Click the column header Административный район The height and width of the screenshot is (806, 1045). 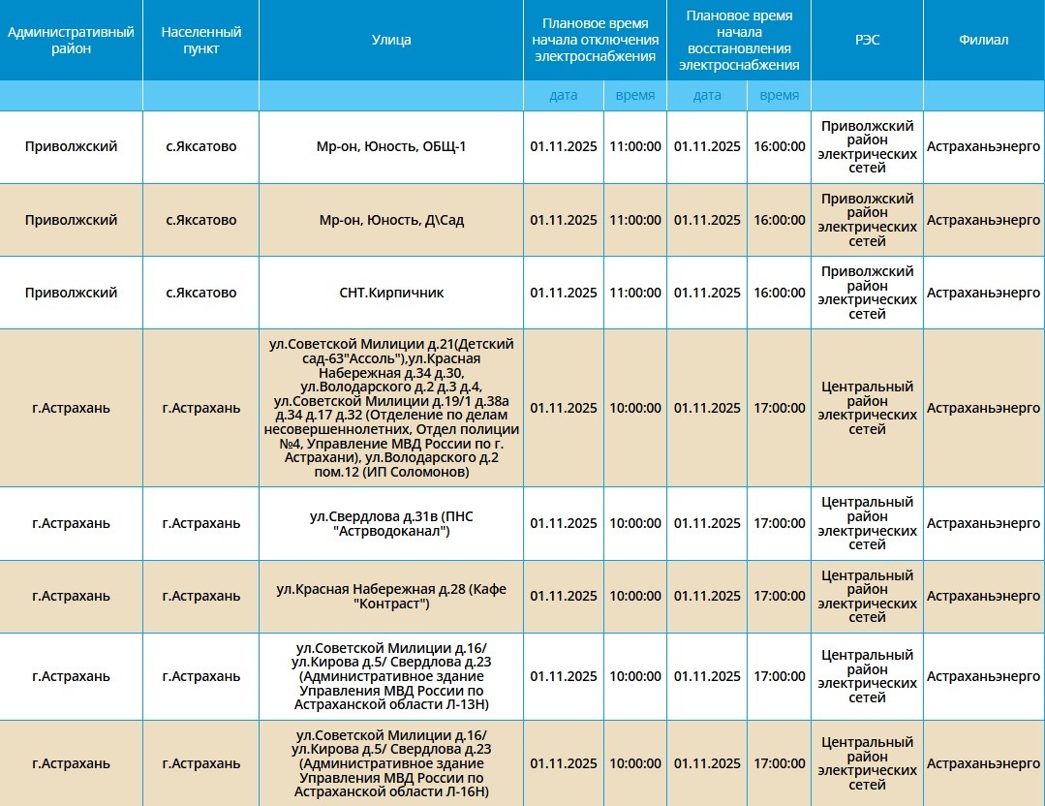(71, 40)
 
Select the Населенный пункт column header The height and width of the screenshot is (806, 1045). (201, 40)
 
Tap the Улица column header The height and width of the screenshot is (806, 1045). (391, 40)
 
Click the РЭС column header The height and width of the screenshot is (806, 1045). (867, 40)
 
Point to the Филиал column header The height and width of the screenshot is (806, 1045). (983, 40)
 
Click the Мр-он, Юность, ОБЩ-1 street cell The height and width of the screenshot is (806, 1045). (391, 147)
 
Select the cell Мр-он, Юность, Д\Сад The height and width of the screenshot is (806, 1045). (391, 220)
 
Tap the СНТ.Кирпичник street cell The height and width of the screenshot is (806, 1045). (391, 293)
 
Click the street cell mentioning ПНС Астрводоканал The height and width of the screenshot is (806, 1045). (391, 524)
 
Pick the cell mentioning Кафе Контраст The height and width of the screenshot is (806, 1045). (391, 597)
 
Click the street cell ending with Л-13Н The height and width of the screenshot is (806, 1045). (391, 676)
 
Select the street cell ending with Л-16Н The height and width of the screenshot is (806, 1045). (391, 763)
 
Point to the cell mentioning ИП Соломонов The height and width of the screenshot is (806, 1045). (391, 408)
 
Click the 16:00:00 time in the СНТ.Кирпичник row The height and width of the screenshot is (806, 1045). (779, 293)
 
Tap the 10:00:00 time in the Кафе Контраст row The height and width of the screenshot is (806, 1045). (635, 597)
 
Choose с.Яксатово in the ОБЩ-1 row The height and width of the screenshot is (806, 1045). (201, 147)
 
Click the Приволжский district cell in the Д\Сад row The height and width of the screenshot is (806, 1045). (71, 220)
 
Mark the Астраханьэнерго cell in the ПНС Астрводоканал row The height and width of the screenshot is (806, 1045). (983, 524)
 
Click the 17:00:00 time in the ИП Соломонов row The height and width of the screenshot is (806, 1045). (779, 408)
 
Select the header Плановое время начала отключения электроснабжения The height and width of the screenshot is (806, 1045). (596, 40)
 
